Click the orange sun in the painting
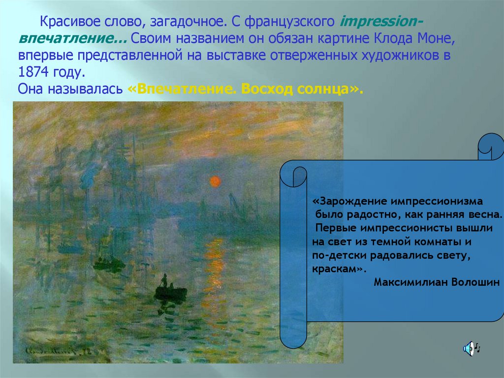pyautogui.click(x=215, y=181)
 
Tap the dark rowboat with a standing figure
pyautogui.click(x=170, y=289)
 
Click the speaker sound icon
pyautogui.click(x=471, y=348)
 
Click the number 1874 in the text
pyautogui.click(x=33, y=72)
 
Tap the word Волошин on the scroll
pyautogui.click(x=475, y=282)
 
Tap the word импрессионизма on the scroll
pyautogui.click(x=437, y=202)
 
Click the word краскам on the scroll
pyautogui.click(x=334, y=269)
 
